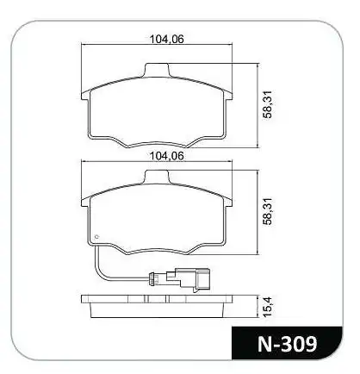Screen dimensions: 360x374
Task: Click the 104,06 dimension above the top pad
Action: click(167, 39)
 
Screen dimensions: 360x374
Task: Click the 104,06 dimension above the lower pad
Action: click(167, 156)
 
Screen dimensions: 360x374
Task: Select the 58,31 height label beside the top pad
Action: click(268, 104)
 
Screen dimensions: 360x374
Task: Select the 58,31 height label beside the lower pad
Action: click(268, 212)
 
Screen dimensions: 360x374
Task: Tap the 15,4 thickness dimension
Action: click(268, 307)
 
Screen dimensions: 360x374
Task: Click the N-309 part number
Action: click(288, 344)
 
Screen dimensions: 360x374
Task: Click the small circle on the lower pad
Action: click(96, 237)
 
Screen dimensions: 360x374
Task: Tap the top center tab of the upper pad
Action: click(157, 70)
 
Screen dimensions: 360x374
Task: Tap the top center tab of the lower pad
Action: click(157, 177)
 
